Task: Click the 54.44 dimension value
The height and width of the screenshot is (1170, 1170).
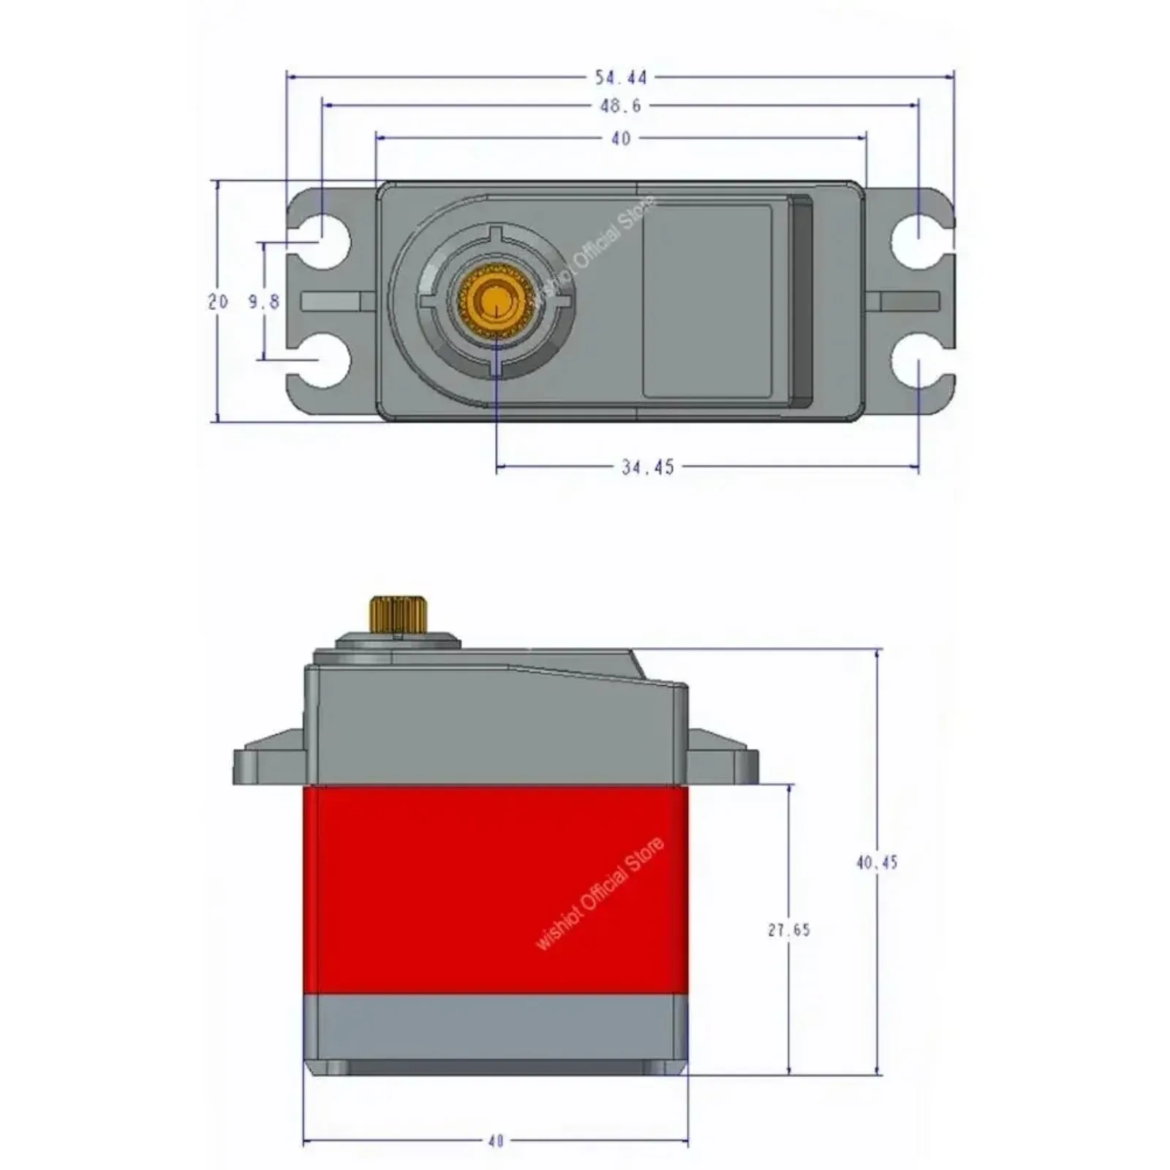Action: point(620,78)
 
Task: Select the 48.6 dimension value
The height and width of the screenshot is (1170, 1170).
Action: point(620,107)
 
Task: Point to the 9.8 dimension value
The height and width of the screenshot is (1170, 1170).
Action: point(264,301)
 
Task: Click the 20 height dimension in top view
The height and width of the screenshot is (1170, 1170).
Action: point(218,301)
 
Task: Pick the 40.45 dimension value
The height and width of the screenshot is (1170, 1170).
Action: point(876,863)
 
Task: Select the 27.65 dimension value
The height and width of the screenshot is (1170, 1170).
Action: point(789,930)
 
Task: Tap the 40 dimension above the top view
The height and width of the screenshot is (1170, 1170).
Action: point(620,139)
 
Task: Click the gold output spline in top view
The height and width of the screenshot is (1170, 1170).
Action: point(496,301)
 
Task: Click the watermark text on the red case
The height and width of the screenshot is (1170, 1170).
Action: point(600,894)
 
